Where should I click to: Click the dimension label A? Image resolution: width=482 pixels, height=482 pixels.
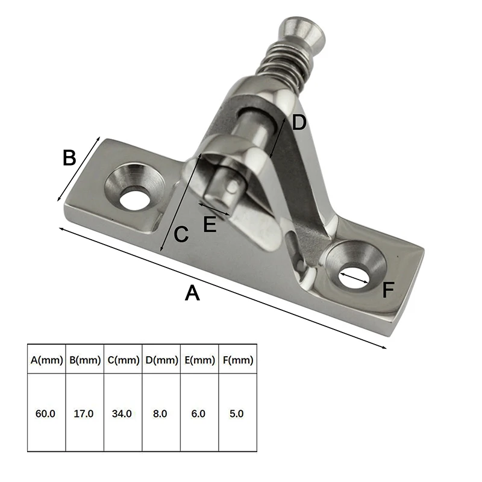192,293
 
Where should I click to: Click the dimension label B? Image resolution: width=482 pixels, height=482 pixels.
69,158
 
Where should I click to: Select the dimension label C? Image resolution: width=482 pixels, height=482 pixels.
181,234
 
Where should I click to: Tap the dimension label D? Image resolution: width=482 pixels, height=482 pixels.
299,123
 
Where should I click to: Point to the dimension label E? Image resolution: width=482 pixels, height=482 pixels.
210,224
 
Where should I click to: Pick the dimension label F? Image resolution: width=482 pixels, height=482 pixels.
388,290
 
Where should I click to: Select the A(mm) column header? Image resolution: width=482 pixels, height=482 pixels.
46,361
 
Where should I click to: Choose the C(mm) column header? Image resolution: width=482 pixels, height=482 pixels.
123,361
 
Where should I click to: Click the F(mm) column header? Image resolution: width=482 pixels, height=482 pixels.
237,361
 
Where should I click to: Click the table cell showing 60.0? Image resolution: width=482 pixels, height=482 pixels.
46,414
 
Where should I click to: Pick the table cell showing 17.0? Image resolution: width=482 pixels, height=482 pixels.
85,414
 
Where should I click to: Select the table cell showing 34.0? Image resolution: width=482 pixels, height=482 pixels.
123,414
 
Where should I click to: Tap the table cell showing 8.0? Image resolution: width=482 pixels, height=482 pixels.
161,414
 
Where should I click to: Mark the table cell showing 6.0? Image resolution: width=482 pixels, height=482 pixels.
199,414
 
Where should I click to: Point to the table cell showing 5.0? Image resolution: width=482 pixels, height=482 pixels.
237,414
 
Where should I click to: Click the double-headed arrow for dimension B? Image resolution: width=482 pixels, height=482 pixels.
78,169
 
